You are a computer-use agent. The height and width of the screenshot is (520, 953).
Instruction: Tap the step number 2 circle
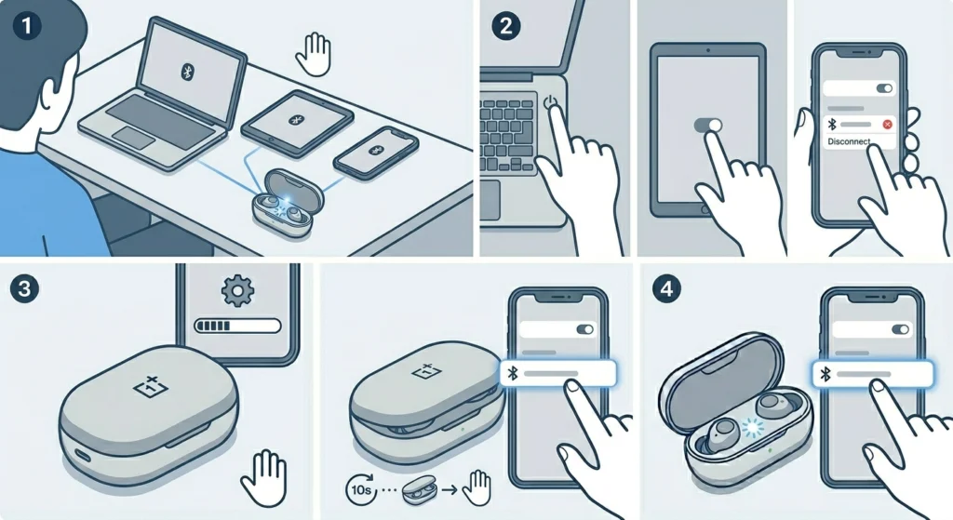pyautogui.click(x=505, y=26)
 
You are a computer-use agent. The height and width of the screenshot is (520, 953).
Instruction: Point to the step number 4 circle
pyautogui.click(x=664, y=288)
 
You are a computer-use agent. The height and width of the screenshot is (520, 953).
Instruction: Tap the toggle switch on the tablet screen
pyautogui.click(x=708, y=124)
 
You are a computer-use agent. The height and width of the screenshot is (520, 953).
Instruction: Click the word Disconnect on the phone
pyautogui.click(x=848, y=142)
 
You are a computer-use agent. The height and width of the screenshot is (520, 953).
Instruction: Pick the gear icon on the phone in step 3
pyautogui.click(x=236, y=290)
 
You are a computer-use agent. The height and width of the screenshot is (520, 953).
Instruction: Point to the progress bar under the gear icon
pyautogui.click(x=236, y=326)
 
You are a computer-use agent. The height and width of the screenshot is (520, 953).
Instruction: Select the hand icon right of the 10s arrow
pyautogui.click(x=478, y=485)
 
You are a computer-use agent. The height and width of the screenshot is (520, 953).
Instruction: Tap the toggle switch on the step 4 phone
pyautogui.click(x=899, y=328)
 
